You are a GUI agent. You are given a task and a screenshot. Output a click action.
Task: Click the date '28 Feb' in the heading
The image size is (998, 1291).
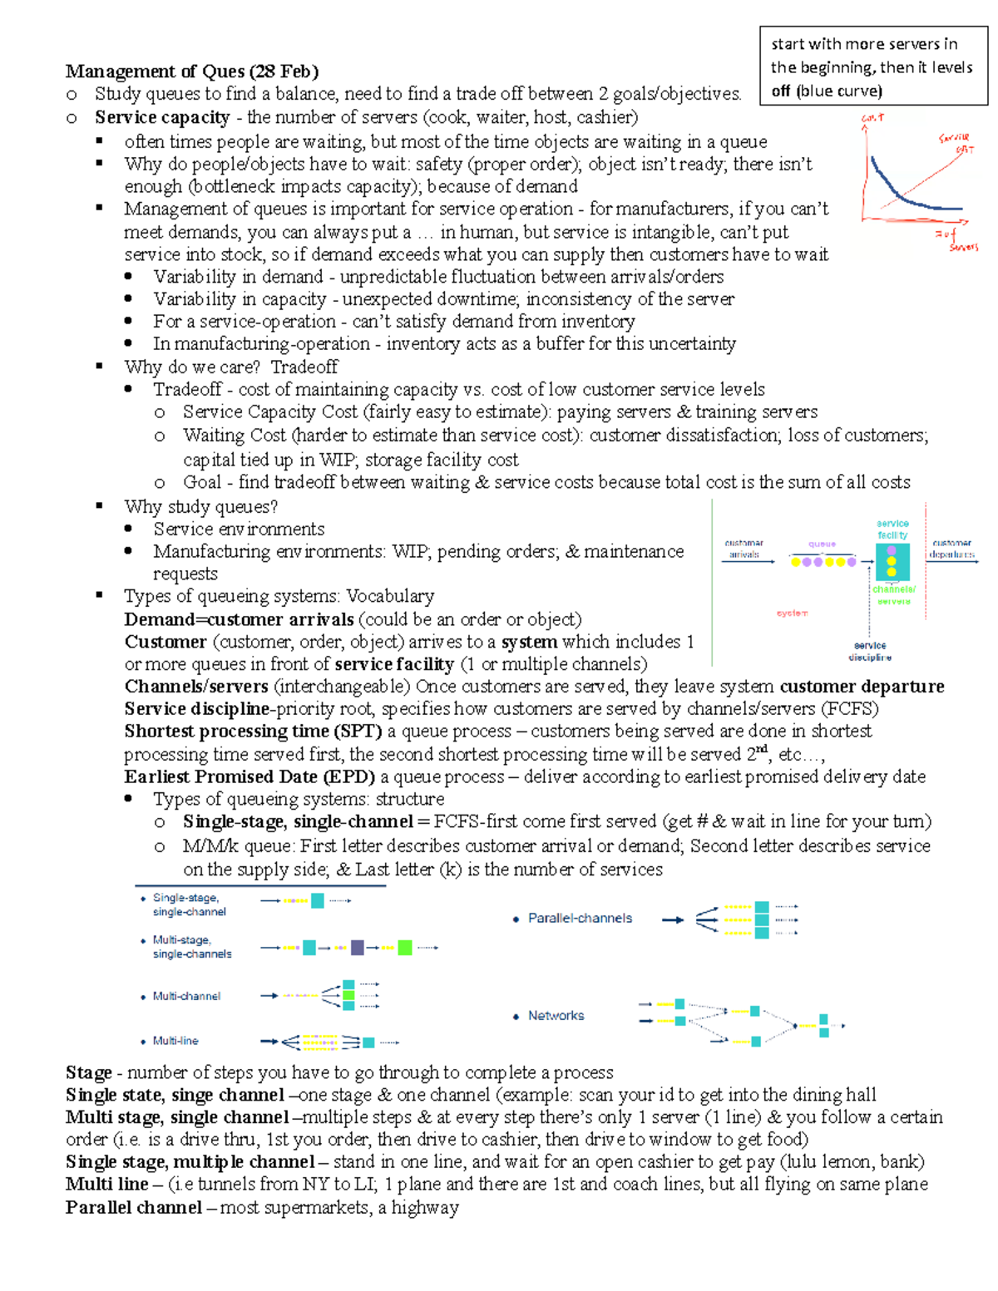(284, 71)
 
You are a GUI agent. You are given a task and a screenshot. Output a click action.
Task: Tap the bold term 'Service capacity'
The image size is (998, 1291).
(162, 117)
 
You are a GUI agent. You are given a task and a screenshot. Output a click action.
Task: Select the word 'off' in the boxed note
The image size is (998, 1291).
(780, 91)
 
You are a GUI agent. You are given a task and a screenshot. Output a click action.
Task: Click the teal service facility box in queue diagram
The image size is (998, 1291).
(892, 561)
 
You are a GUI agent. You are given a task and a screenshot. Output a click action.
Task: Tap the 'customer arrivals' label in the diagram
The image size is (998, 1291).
(744, 549)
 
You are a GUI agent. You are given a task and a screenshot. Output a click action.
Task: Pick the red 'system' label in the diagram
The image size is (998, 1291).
(792, 613)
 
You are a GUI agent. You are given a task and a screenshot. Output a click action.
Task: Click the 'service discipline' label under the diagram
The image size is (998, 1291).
(870, 651)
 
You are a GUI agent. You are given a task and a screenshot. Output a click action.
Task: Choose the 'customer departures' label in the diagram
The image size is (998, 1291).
(952, 549)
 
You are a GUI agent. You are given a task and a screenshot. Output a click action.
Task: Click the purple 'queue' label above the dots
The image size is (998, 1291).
(822, 544)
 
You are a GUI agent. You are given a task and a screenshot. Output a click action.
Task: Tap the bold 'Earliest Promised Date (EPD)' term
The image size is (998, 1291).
(249, 776)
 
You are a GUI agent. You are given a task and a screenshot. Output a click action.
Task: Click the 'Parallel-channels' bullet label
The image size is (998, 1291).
(580, 919)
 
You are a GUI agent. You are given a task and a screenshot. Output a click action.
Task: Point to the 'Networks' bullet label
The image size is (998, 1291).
(556, 1016)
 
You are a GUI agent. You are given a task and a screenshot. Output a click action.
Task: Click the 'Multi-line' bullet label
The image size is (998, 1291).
(175, 1041)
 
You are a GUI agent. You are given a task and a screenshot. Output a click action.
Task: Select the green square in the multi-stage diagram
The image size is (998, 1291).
(405, 947)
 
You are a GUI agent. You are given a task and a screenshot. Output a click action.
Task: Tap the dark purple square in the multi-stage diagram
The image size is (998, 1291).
(358, 947)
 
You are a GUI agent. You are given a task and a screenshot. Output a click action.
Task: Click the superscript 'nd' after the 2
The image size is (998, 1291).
(761, 749)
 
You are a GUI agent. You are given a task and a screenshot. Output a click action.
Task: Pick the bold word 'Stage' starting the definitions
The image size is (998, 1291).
(89, 1072)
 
